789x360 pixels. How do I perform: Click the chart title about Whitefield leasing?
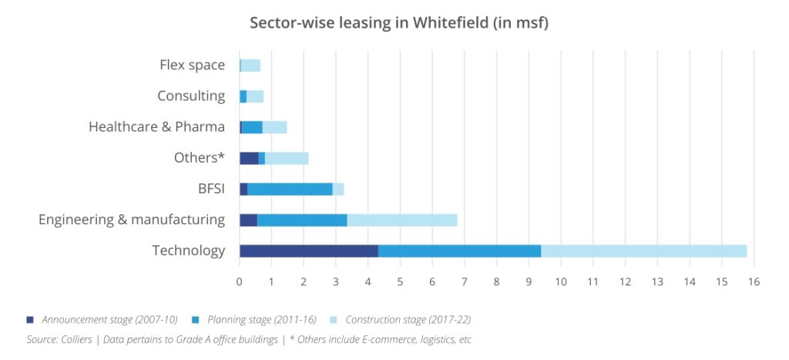398,22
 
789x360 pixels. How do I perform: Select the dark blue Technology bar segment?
309,251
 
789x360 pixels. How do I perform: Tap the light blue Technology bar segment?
643,251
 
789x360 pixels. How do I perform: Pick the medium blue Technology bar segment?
459,251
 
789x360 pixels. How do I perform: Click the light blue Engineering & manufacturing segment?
401,220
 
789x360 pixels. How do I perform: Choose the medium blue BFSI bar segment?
290,189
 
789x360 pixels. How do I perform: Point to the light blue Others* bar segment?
287,158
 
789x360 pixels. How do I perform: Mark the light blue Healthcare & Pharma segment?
274,127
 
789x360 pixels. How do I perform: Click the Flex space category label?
192,65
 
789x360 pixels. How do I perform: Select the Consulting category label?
191,96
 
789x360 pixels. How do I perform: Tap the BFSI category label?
211,188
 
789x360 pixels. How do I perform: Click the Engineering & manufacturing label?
132,220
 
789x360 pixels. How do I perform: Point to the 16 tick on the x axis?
754,281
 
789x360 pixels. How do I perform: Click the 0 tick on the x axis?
240,281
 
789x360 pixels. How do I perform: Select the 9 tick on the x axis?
529,281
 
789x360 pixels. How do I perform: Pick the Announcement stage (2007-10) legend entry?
104,319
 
